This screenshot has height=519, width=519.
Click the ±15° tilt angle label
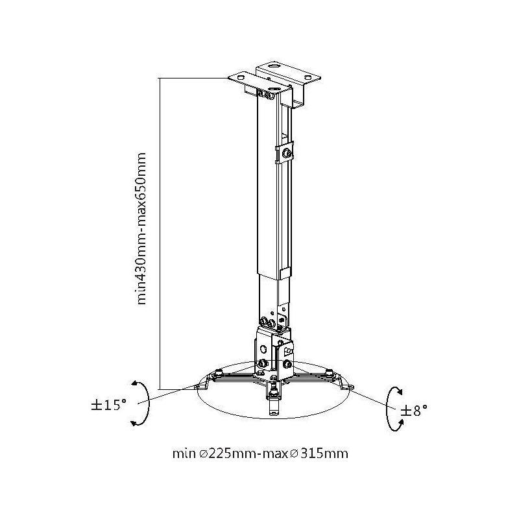point(108,405)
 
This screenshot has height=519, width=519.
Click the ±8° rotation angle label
point(414,411)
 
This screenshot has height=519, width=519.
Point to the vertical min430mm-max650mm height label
point(141,228)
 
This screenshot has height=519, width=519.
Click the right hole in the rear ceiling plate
point(308,78)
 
